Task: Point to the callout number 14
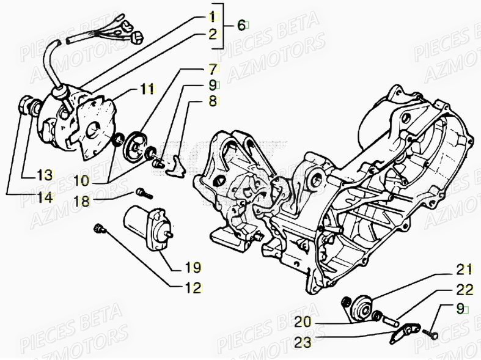pyautogui.click(x=43, y=196)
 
